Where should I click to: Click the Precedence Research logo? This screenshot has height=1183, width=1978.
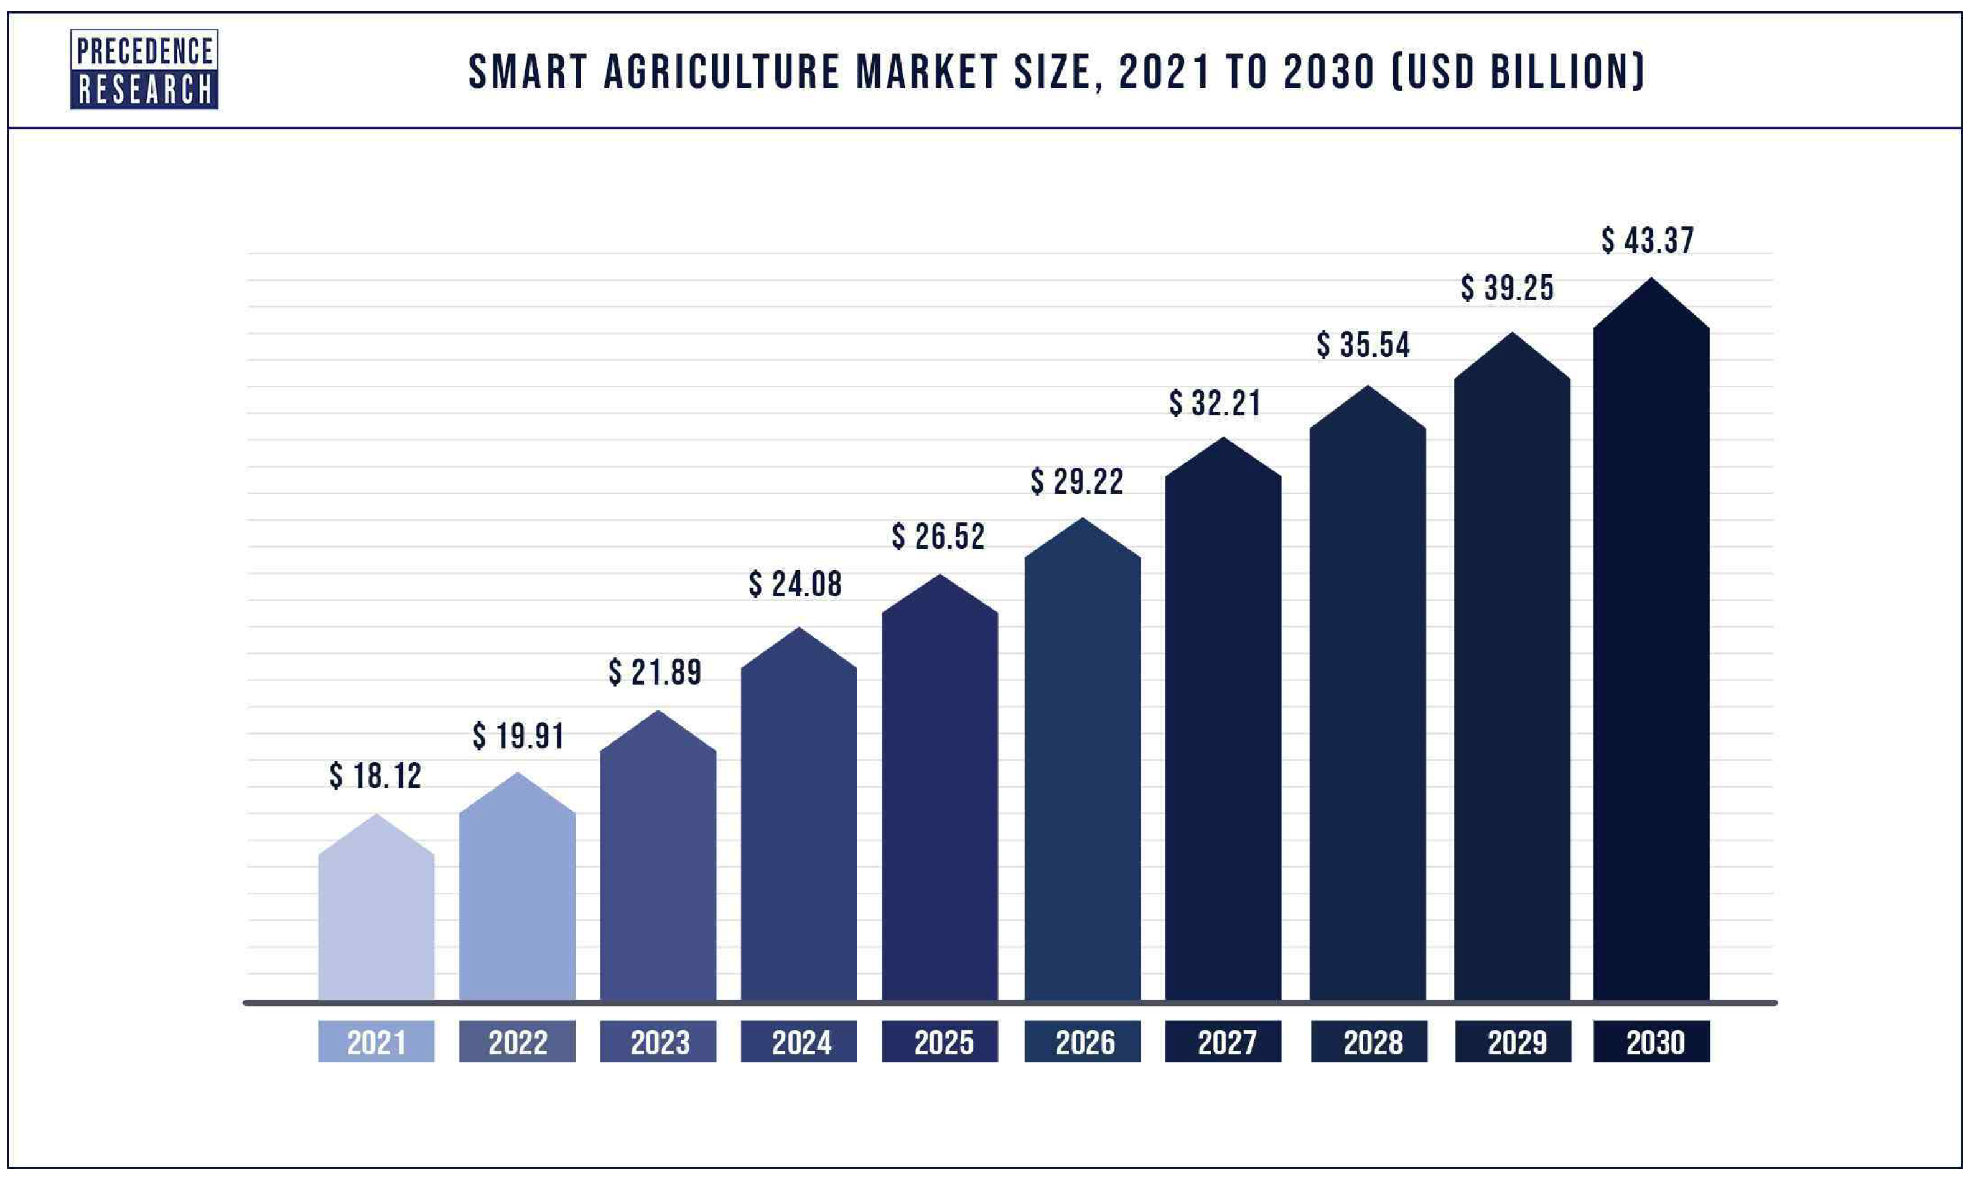[144, 70]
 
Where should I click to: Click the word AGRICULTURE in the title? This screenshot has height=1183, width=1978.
[722, 73]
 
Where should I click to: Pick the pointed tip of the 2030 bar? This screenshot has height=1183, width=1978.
[1651, 280]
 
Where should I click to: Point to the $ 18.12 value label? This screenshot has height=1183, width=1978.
[376, 776]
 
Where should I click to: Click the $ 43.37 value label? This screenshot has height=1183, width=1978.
[1648, 240]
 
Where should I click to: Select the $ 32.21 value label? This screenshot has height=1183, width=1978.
[1215, 404]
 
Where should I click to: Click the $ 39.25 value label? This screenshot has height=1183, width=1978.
[1507, 288]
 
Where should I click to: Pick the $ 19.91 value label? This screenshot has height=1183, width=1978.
[518, 736]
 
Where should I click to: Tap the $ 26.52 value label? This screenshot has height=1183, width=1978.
[938, 537]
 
